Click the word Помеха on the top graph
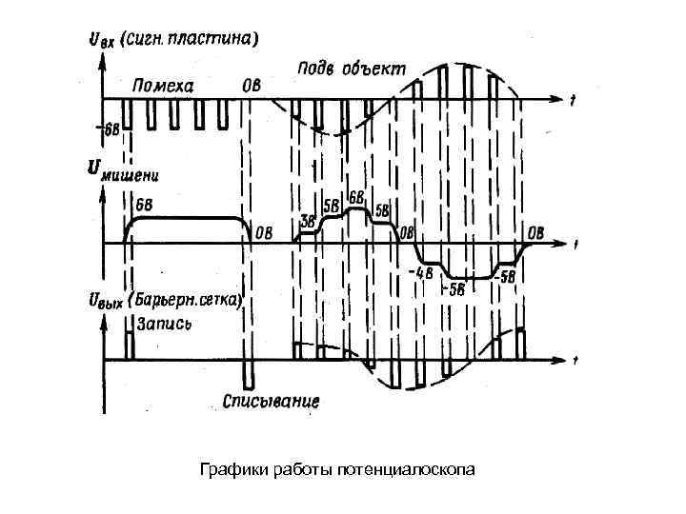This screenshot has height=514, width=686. click(163, 86)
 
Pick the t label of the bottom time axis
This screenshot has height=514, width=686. click(578, 361)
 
